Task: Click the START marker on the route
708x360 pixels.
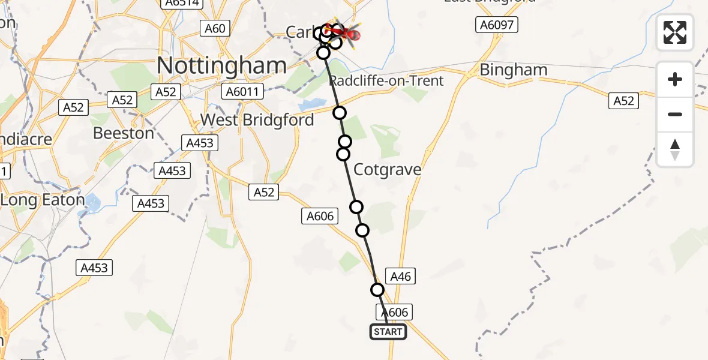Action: click(x=388, y=332)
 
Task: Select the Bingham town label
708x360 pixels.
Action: click(x=513, y=70)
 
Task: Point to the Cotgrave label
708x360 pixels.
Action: click(x=387, y=170)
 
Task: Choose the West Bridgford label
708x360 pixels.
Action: click(x=257, y=120)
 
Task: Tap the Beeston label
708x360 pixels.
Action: click(x=124, y=133)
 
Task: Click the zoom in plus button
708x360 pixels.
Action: click(x=675, y=79)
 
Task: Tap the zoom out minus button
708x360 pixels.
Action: click(x=675, y=114)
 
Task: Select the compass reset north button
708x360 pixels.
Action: click(x=675, y=149)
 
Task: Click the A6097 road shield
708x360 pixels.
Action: click(x=497, y=25)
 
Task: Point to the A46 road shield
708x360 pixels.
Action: click(x=400, y=276)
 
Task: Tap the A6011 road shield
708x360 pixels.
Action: click(x=242, y=92)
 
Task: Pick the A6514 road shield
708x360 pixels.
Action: click(x=180, y=3)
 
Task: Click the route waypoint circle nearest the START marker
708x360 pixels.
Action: click(x=377, y=290)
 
